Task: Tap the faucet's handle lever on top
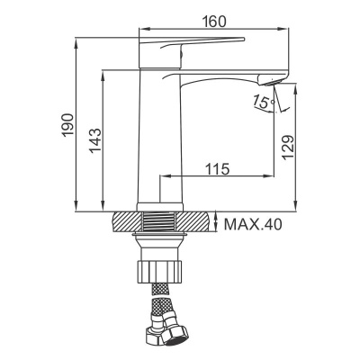[x=193, y=45]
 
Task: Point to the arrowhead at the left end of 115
[x=164, y=176]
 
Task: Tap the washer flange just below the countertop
[x=161, y=238]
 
